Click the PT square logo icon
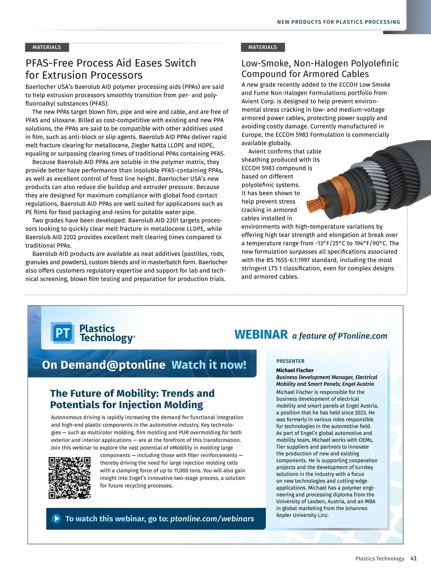coord(62,333)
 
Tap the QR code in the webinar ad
coord(70,477)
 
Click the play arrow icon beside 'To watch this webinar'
coord(56,518)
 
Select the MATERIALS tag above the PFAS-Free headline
coord(47,47)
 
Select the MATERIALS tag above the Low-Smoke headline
coord(263,47)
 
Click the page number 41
coord(413,558)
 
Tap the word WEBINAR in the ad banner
coord(261,334)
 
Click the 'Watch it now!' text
coord(209,365)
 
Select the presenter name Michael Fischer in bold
coord(295,370)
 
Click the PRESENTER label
coord(290,361)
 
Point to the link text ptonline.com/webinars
coord(212,518)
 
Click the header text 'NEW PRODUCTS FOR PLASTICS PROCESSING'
coord(338,22)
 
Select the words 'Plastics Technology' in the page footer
coord(380,559)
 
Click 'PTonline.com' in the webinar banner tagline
coord(363,336)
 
